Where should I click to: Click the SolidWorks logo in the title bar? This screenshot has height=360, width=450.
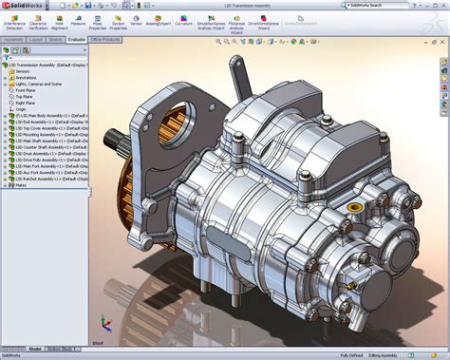click(x=21, y=5)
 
